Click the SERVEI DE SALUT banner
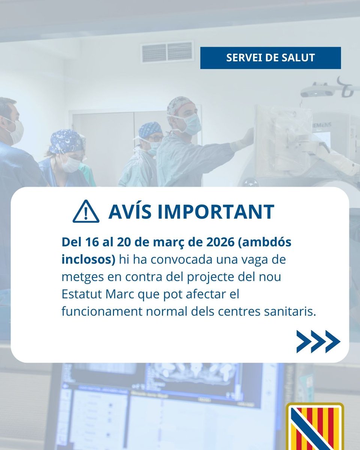pyautogui.click(x=270, y=58)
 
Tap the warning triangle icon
pyautogui.click(x=86, y=212)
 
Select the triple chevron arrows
pyautogui.click(x=318, y=341)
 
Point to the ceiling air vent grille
pyautogui.click(x=167, y=52)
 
